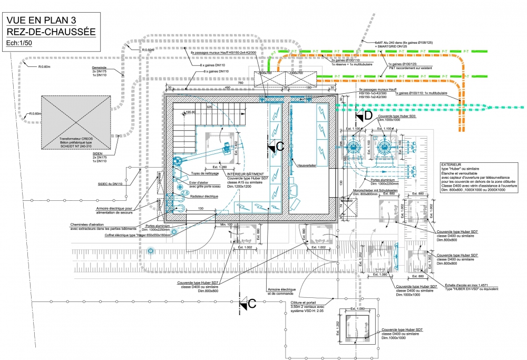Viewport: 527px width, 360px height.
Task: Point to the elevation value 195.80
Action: (190, 112)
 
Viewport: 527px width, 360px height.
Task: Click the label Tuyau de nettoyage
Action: (206, 173)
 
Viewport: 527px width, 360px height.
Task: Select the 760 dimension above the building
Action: (255, 83)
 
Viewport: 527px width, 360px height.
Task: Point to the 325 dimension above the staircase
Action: (209, 107)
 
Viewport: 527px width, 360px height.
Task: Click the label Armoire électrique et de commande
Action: (282, 291)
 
